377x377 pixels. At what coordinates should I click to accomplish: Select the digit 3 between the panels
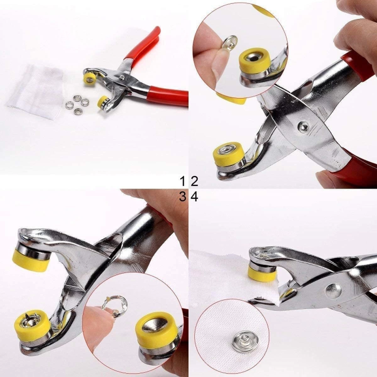click(183, 197)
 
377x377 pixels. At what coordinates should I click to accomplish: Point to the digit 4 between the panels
click(194, 197)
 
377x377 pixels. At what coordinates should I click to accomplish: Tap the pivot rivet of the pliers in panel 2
click(304, 127)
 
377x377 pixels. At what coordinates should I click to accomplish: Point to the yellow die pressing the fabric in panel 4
click(262, 272)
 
